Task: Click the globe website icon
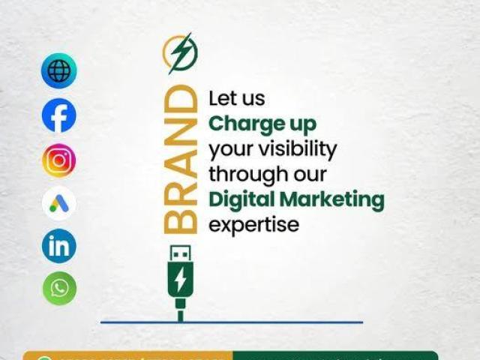tap(59, 71)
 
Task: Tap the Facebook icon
tap(59, 116)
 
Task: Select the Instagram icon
tap(59, 160)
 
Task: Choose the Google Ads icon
tap(59, 203)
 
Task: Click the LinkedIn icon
tap(59, 246)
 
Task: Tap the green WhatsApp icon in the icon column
tap(59, 288)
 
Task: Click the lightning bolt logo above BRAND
tap(181, 52)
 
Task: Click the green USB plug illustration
tap(180, 277)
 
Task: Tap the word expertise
tap(253, 224)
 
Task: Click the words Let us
tap(236, 98)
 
